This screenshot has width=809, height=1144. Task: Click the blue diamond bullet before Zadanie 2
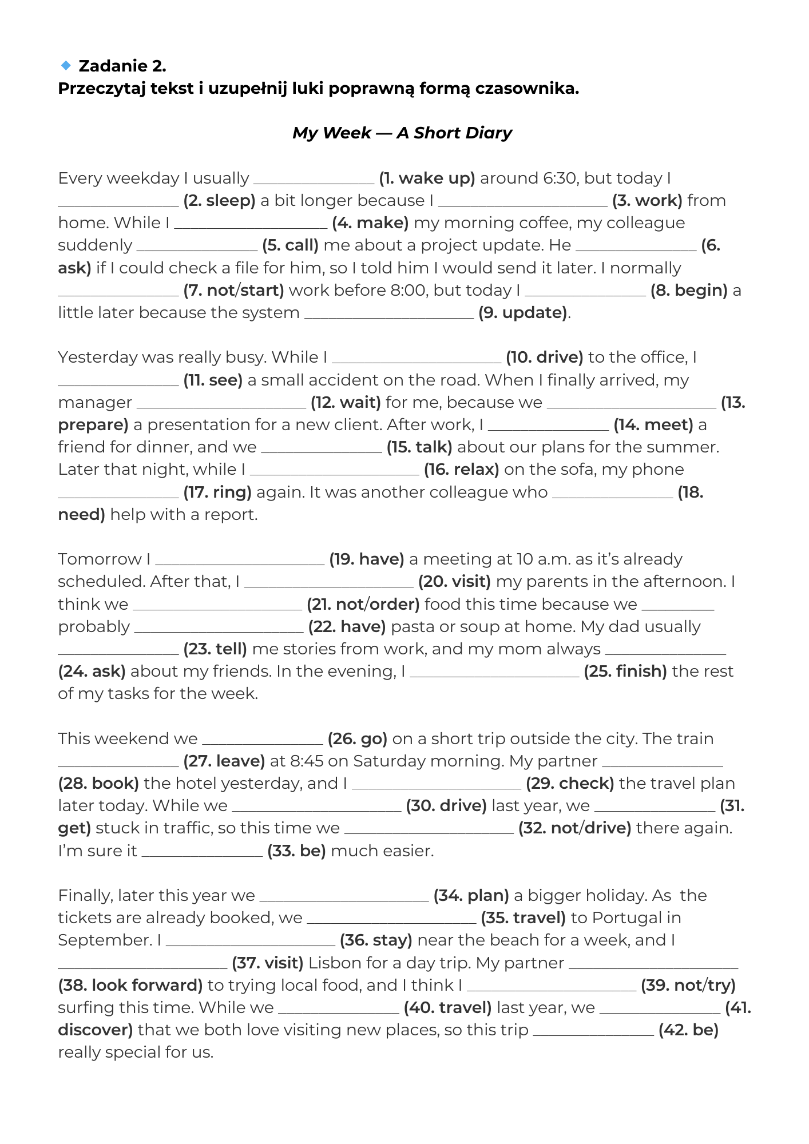pyautogui.click(x=66, y=66)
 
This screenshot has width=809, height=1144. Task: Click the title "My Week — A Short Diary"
pyautogui.click(x=402, y=133)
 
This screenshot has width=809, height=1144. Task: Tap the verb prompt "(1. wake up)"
pyautogui.click(x=427, y=178)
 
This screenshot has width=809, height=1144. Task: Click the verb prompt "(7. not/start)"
pyautogui.click(x=233, y=291)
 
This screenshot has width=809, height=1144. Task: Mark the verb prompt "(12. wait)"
pyautogui.click(x=346, y=403)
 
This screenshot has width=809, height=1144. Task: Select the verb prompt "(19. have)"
pyautogui.click(x=367, y=559)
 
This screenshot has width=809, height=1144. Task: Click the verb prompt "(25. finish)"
pyautogui.click(x=625, y=672)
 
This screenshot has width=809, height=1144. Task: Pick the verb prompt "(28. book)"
pyautogui.click(x=98, y=784)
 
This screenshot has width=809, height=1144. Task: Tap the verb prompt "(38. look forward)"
pyautogui.click(x=130, y=986)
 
